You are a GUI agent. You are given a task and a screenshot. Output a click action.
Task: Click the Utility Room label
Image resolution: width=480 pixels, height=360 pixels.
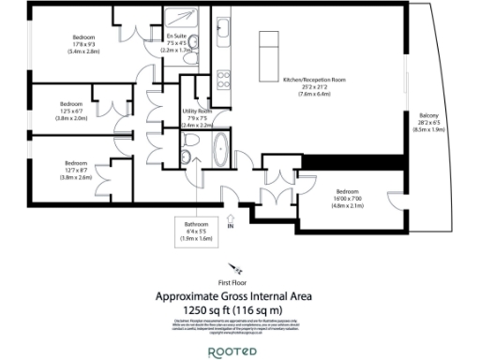point(198,116)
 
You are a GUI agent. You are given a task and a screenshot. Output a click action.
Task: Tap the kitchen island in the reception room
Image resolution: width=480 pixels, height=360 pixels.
point(270,41)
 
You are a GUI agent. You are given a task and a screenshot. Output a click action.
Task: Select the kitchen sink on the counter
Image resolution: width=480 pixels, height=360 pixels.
point(223,27)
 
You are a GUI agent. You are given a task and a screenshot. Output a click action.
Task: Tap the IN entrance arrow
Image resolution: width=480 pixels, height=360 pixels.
point(232,223)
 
